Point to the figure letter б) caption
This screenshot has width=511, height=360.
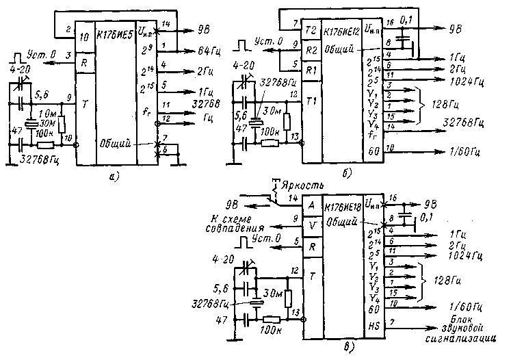point(347,174)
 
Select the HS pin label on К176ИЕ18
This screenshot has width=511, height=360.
point(373,324)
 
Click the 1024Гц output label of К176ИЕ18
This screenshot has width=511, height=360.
point(468,256)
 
